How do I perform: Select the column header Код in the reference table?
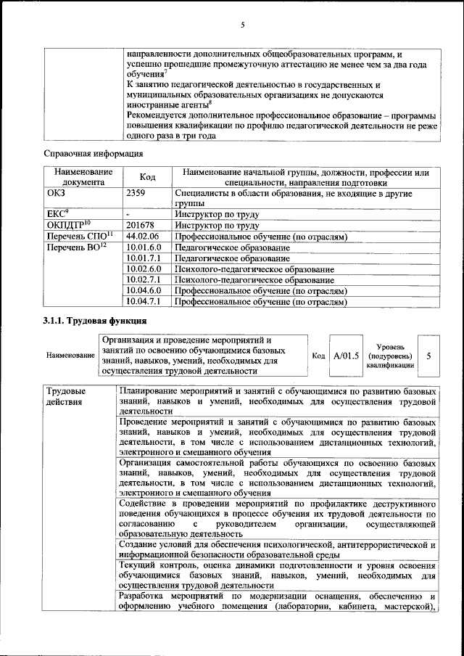(147, 178)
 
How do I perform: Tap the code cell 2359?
(137, 194)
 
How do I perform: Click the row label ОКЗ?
(57, 194)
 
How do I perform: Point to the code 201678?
(141, 225)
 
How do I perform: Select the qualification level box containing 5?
(428, 356)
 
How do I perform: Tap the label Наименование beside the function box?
(70, 356)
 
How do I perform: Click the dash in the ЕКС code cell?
(128, 215)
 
